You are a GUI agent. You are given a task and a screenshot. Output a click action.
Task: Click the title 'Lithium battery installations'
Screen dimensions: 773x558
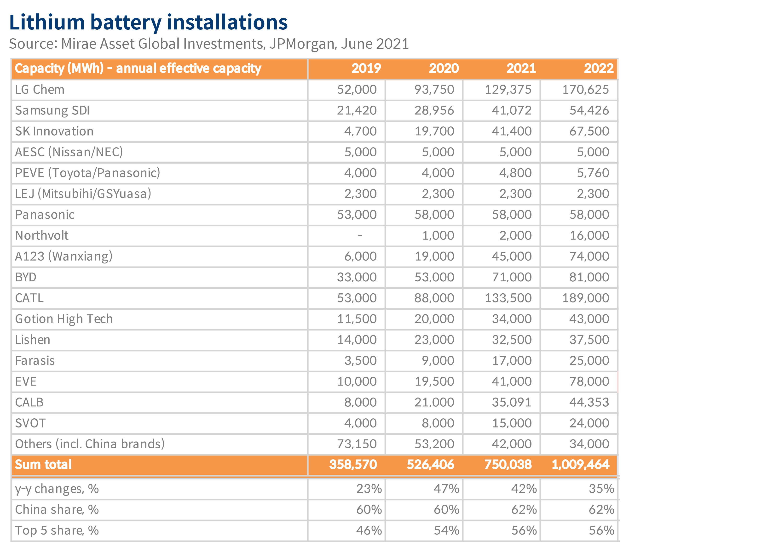(149, 23)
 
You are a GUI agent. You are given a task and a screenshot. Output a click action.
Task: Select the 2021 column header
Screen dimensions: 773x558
(521, 68)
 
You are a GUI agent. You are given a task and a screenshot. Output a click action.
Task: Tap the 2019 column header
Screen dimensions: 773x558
(366, 68)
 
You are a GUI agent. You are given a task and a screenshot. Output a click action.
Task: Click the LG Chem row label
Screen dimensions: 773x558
(40, 90)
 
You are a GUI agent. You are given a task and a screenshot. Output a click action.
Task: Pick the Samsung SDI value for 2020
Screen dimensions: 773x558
(434, 110)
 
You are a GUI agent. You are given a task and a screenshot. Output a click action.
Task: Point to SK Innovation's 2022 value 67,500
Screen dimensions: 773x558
(589, 131)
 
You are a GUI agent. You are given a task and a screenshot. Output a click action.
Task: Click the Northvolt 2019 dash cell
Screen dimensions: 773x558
(360, 235)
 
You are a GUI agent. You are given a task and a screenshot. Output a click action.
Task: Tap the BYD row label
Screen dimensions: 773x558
(26, 277)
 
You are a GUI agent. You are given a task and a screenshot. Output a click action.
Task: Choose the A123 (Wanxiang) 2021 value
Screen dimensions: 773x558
(511, 256)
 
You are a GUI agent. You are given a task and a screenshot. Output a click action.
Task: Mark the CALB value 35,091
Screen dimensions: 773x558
(511, 402)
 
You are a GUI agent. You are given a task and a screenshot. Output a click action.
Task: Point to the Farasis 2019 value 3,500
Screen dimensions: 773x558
(360, 361)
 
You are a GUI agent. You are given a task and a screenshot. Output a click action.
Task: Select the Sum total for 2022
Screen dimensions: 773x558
(580, 465)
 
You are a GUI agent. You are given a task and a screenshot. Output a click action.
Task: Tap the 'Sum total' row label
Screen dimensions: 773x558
(43, 465)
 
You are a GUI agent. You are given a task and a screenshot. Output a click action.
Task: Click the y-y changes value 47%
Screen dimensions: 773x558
(446, 489)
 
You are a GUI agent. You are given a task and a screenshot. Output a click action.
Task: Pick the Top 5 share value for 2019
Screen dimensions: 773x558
(369, 530)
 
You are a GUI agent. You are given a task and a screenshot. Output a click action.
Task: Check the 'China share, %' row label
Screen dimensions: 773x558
(57, 510)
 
